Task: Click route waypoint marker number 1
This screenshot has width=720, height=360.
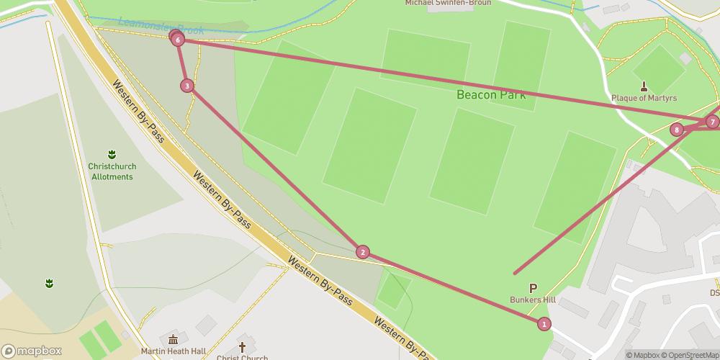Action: (544, 324)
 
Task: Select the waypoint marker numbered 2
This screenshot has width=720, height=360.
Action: (363, 252)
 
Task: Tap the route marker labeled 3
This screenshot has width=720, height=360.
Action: (187, 86)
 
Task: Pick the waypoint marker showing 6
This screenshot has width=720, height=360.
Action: (178, 40)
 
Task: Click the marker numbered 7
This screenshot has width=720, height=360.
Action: (712, 122)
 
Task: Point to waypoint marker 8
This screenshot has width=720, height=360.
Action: (676, 130)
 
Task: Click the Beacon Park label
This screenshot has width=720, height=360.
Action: (491, 94)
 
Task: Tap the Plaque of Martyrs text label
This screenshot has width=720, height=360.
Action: (644, 98)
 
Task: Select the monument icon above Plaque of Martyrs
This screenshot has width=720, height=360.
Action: (644, 84)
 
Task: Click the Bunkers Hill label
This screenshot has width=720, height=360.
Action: (533, 300)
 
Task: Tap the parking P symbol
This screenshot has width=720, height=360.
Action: (533, 287)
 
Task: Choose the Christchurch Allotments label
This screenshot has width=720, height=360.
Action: (112, 171)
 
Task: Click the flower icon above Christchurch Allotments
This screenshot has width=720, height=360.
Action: (112, 154)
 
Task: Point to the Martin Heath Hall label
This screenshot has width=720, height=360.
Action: (174, 352)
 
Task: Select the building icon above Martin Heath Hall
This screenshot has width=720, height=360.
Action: (174, 339)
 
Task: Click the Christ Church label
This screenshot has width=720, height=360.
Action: (242, 357)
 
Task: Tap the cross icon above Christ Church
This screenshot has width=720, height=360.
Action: (242, 346)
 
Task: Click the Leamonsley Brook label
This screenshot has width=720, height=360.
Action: (161, 27)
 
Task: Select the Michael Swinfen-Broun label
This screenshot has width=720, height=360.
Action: (448, 3)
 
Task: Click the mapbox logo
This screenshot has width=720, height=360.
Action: (32, 351)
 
